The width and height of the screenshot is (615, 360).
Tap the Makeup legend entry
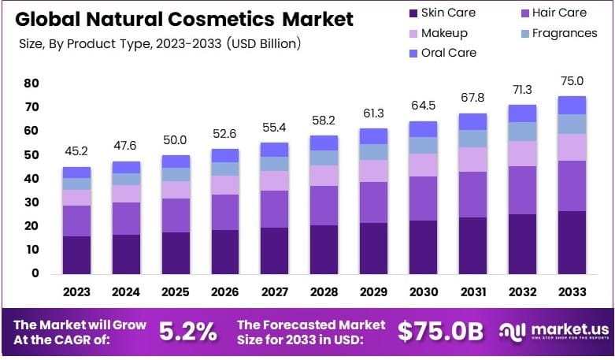[437, 33]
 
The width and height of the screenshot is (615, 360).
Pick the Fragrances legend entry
[554, 33]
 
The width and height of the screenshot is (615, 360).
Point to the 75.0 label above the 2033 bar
[572, 81]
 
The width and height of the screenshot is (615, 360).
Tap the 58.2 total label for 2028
[324, 121]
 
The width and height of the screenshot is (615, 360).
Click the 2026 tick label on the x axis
[225, 291]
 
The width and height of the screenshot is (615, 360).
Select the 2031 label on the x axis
[472, 291]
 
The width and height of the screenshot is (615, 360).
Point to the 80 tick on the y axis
[31, 83]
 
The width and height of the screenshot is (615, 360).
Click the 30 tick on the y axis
[31, 202]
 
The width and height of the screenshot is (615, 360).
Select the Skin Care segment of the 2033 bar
[572, 242]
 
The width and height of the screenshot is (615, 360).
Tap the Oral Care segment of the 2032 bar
[522, 113]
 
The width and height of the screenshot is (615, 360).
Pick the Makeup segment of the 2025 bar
[176, 190]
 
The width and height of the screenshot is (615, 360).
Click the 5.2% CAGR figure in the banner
[187, 332]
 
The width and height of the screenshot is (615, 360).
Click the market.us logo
[553, 332]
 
